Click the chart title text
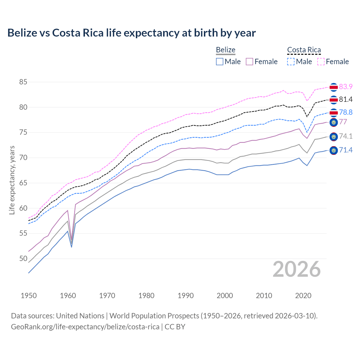131,33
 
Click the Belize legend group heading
226,50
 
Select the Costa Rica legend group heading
304,50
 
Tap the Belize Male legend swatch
220,62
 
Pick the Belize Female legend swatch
249,62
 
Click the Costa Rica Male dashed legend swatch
291,62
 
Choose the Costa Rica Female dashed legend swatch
321,62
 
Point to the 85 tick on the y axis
23,82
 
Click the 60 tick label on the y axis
23,208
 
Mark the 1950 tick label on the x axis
29,296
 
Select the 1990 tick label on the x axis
186,296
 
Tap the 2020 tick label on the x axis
303,296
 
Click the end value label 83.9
346,87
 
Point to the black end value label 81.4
346,100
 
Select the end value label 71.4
346,150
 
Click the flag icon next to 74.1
334,137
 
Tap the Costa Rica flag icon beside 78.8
334,113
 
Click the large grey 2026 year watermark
296,269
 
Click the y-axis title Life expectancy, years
12,180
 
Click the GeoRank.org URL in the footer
85,327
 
